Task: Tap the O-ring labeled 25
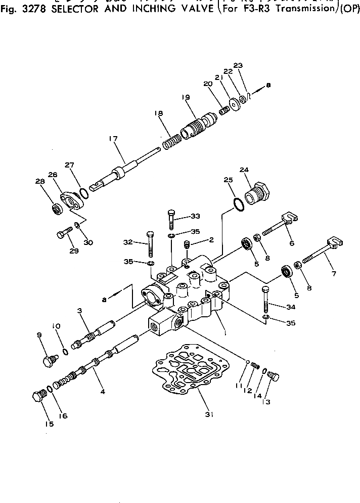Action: coord(237,204)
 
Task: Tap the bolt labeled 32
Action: coord(150,244)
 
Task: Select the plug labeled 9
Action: coord(48,361)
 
